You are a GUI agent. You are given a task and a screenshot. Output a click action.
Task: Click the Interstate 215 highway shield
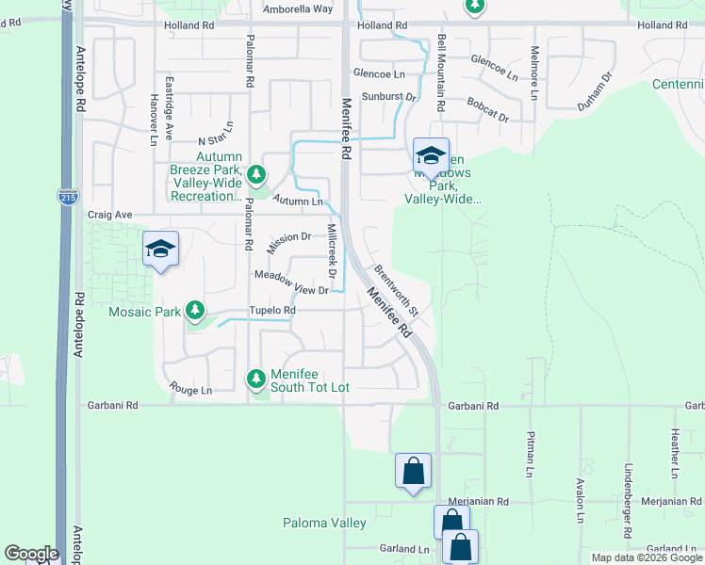[67, 196]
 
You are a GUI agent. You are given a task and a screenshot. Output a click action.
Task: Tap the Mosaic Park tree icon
[195, 310]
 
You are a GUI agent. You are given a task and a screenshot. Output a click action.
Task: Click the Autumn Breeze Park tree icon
[255, 173]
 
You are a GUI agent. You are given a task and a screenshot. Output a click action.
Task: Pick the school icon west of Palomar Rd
[161, 250]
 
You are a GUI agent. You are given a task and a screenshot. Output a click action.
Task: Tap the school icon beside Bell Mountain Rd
[431, 155]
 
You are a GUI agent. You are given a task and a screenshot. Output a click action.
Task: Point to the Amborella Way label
[298, 8]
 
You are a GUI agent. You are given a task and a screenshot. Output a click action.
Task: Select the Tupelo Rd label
[272, 310]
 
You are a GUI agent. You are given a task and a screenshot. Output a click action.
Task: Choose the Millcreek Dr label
[331, 251]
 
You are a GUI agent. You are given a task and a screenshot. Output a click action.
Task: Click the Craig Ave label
[110, 215]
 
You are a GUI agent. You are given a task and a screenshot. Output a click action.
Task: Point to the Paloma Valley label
[324, 523]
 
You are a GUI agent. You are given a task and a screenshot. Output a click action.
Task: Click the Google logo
[31, 554]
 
